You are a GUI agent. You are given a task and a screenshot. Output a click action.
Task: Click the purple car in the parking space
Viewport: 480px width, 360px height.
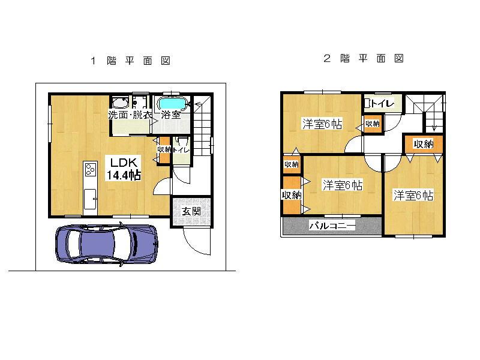point(107,245)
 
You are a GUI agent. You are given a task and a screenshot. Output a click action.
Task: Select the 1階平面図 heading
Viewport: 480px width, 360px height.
point(131,61)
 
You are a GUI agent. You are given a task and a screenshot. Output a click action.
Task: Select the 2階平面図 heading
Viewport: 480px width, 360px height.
point(363,59)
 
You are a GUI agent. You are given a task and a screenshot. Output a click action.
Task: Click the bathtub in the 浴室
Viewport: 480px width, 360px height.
point(174,104)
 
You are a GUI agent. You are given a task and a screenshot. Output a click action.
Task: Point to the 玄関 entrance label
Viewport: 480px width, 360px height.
point(191,211)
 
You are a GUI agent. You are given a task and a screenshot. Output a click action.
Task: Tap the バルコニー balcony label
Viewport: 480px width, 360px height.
point(332,226)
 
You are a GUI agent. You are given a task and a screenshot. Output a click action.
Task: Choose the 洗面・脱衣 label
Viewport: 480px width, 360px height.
point(130,115)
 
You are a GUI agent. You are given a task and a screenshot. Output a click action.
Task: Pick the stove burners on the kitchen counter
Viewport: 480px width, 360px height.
point(90,170)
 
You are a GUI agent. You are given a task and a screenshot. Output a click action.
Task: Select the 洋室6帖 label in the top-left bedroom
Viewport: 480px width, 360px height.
point(322,124)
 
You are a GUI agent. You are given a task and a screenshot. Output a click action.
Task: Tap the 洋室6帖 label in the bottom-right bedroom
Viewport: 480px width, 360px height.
point(413,196)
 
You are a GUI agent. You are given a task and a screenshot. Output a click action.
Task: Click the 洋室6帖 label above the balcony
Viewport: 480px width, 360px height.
point(342,185)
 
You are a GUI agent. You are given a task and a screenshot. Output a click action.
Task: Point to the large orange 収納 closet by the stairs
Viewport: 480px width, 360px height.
point(424,144)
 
